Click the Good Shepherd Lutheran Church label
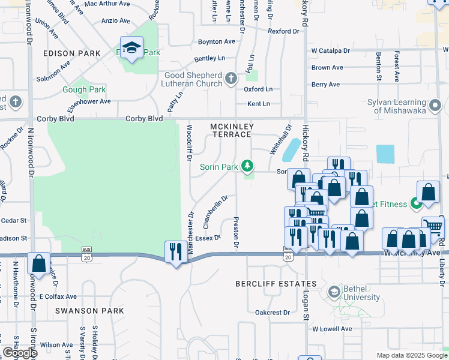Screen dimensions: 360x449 (194, 79)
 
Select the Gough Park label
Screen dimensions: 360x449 (84, 90)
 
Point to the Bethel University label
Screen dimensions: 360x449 (361, 293)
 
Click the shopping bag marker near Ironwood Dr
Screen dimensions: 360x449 (39, 263)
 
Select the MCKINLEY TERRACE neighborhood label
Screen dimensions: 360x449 (232, 130)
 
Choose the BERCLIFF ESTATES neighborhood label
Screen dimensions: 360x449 (276, 283)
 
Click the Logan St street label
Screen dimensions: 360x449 (306, 307)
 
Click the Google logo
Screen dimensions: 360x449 (20, 353)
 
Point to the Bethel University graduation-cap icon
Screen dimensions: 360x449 (334, 293)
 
